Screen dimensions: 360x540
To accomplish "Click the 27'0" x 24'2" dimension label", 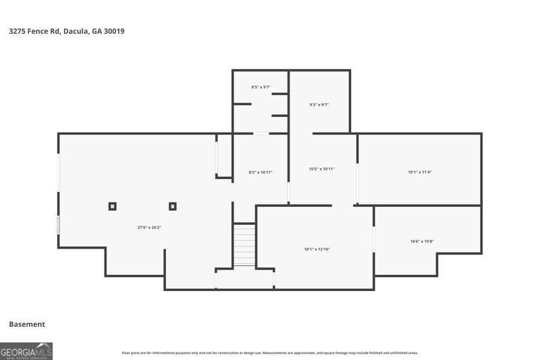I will pyautogui.click(x=149, y=228).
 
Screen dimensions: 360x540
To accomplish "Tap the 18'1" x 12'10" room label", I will pyautogui.click(x=317, y=249).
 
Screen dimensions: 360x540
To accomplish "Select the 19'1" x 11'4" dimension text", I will pyautogui.click(x=419, y=172).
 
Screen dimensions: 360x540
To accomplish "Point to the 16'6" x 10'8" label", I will pyautogui.click(x=422, y=241).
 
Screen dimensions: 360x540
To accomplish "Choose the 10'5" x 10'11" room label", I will pyautogui.click(x=321, y=169).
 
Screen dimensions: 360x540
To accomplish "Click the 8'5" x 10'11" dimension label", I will pyautogui.click(x=261, y=172).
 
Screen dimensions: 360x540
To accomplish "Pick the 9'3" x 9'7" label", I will pyautogui.click(x=319, y=105).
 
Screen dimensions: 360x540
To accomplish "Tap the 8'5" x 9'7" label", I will pyautogui.click(x=261, y=87).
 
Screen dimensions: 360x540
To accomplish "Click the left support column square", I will pyautogui.click(x=113, y=207).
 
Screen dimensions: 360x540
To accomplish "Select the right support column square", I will pyautogui.click(x=173, y=207).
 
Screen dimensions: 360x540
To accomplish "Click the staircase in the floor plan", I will pyautogui.click(x=244, y=246).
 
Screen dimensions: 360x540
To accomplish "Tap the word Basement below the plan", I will pyautogui.click(x=27, y=324).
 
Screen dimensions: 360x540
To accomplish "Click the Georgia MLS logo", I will pyautogui.click(x=26, y=351).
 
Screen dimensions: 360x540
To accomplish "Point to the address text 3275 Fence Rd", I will pyautogui.click(x=35, y=31).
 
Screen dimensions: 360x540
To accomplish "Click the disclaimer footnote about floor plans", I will pyautogui.click(x=269, y=353).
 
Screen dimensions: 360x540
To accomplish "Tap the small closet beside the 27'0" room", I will pyautogui.click(x=223, y=156).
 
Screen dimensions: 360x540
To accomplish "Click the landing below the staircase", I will pyautogui.click(x=244, y=278).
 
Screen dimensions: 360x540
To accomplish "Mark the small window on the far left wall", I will pyautogui.click(x=59, y=225).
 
